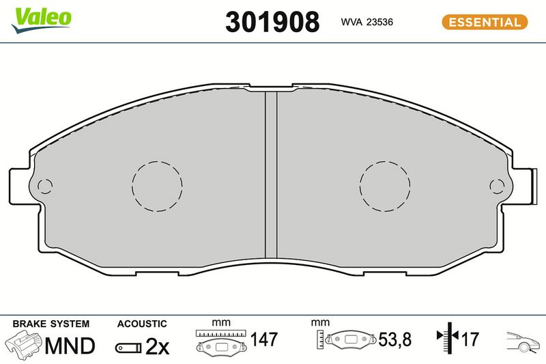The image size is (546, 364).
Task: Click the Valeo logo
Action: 41,20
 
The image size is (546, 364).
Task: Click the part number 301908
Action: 272,22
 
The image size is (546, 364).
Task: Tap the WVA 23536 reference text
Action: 367,22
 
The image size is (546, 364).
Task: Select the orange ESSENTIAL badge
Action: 485,22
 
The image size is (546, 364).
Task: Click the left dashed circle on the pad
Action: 157,162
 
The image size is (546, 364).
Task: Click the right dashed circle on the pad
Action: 385,162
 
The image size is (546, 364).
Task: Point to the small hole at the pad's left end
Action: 44,186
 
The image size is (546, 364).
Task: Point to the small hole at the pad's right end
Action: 497,186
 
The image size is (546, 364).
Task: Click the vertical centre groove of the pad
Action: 271,175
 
